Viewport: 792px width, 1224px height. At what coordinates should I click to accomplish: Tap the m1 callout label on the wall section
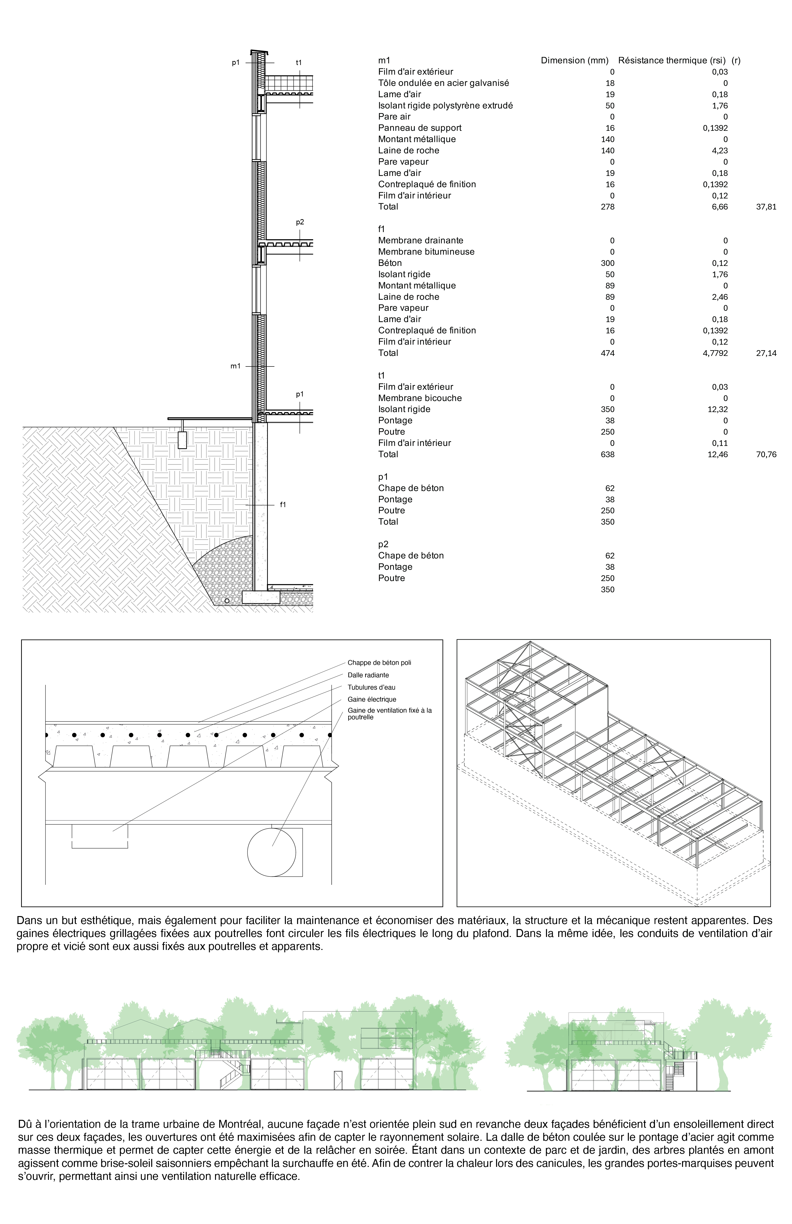click(x=235, y=366)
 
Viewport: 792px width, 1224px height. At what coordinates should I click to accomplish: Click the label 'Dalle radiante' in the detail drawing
click(x=368, y=675)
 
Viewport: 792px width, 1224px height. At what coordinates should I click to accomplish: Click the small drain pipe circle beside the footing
click(x=226, y=600)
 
